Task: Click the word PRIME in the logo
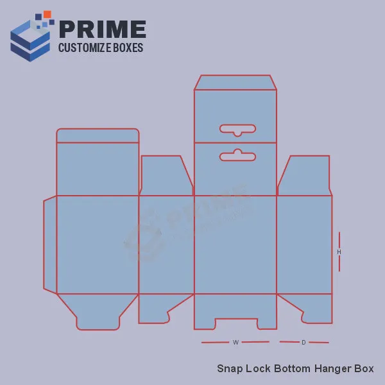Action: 103,30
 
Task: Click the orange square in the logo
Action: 47,14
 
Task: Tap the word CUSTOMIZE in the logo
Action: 84,47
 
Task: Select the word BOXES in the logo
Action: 128,47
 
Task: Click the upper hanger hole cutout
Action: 237,130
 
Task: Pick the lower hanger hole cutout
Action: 237,155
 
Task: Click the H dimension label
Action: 339,252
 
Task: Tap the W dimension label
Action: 235,342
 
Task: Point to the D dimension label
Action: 304,342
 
